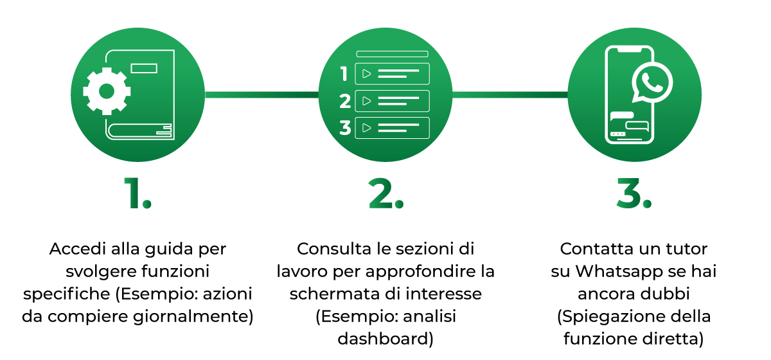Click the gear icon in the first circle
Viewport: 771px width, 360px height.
click(x=107, y=91)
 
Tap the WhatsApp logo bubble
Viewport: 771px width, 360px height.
click(x=651, y=84)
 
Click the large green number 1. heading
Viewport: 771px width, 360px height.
click(x=137, y=194)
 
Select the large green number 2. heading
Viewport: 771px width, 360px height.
click(x=385, y=194)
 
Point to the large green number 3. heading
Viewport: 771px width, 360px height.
click(x=634, y=194)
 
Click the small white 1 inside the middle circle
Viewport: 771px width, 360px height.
click(x=344, y=74)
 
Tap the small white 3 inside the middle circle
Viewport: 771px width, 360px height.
click(x=345, y=128)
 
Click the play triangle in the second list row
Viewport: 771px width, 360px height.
click(x=367, y=101)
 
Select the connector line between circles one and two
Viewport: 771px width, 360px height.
click(x=262, y=94)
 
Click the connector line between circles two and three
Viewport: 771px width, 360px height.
click(x=510, y=94)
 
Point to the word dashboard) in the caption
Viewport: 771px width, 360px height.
click(x=385, y=339)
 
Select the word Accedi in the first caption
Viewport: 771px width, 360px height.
click(x=78, y=249)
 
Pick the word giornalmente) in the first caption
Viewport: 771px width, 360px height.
click(x=193, y=317)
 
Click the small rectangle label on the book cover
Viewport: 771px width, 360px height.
click(x=144, y=68)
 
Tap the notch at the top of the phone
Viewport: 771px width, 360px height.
click(x=630, y=50)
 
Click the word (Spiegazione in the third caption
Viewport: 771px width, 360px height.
click(x=606, y=317)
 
